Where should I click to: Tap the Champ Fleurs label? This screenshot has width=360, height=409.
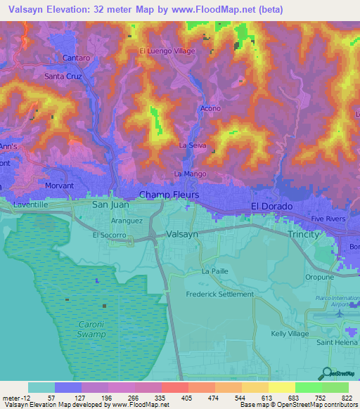[x=169, y=195]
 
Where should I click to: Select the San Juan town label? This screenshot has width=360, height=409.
[x=111, y=204]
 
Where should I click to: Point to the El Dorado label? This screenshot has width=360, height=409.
[x=271, y=206]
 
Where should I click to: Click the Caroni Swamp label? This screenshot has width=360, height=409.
[x=91, y=330]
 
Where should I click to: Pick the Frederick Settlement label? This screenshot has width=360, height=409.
[x=219, y=294]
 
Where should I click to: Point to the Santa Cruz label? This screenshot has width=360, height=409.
[x=63, y=76]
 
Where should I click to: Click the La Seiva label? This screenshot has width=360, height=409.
[x=191, y=145]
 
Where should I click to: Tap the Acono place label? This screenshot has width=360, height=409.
[x=210, y=108]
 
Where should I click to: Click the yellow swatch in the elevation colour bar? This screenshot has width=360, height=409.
[x=281, y=387]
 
